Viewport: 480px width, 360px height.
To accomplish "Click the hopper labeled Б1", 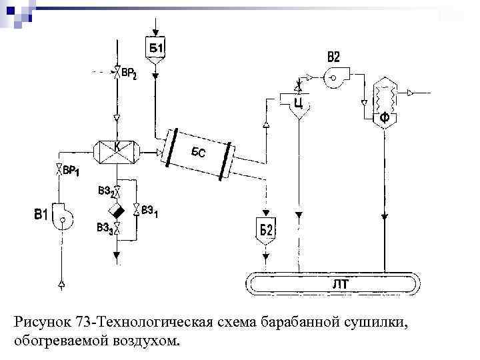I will tap(156, 50).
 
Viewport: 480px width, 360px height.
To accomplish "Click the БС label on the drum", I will tap(198, 153).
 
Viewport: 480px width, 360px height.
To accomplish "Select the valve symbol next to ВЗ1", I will tap(136, 210).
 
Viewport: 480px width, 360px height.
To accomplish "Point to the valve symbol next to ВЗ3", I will tap(117, 229).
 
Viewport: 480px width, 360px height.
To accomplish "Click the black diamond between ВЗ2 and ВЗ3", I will tap(117, 211).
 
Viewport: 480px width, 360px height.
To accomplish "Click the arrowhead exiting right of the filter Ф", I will tap(411, 92).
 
